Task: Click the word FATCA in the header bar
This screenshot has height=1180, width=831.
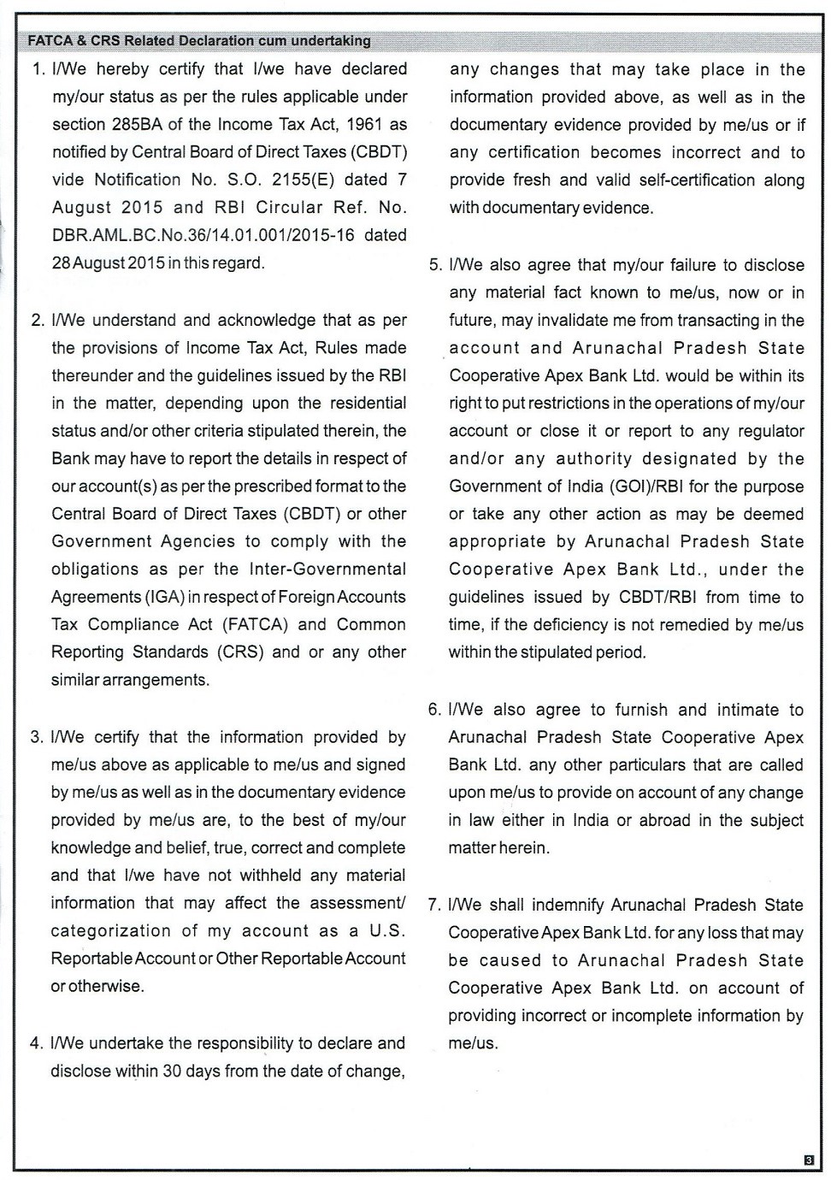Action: [x=48, y=40]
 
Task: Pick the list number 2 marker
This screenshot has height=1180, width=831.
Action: [x=38, y=321]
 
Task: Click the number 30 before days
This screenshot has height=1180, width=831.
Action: [x=171, y=1071]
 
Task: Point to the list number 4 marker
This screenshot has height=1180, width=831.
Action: [x=37, y=1044]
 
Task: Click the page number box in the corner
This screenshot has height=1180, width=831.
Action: [x=809, y=1160]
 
